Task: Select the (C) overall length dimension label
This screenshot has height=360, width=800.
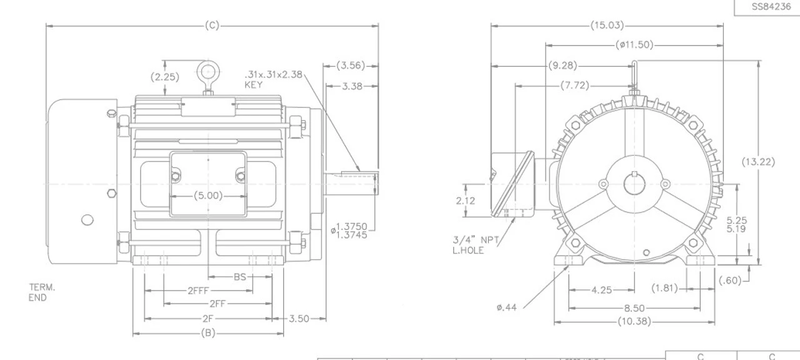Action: [x=212, y=26]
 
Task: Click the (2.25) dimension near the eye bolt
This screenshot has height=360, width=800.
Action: [x=164, y=77]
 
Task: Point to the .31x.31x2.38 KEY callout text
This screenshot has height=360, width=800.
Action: [x=274, y=79]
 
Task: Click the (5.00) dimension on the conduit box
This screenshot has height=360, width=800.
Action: [x=207, y=196]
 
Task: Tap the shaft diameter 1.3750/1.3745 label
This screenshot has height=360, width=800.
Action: [x=352, y=231]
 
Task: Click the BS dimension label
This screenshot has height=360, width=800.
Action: [x=240, y=277]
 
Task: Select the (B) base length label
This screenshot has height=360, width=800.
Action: [x=207, y=333]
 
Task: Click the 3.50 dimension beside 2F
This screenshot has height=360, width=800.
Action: [x=299, y=319]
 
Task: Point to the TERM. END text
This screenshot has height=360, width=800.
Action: [x=42, y=292]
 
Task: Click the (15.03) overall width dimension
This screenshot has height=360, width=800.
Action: [x=607, y=26]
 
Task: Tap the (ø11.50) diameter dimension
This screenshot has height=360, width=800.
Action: [x=634, y=45]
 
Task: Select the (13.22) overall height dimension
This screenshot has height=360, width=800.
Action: [x=758, y=162]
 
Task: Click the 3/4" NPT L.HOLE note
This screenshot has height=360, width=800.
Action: [x=476, y=244]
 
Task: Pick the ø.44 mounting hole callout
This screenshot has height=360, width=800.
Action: [x=507, y=307]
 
